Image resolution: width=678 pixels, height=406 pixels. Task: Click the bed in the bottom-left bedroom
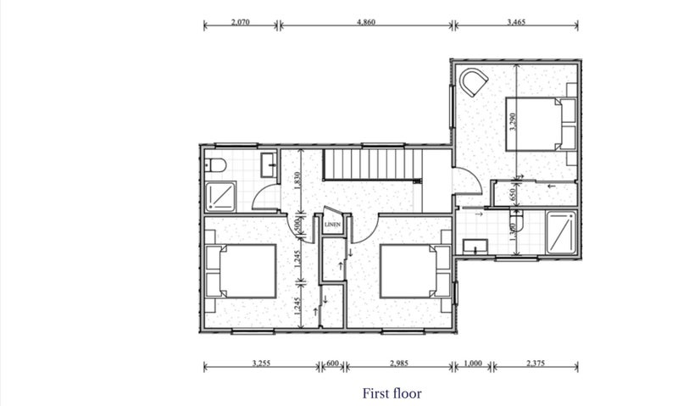coord(241,271)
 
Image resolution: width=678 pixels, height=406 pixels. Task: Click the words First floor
coord(392,393)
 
